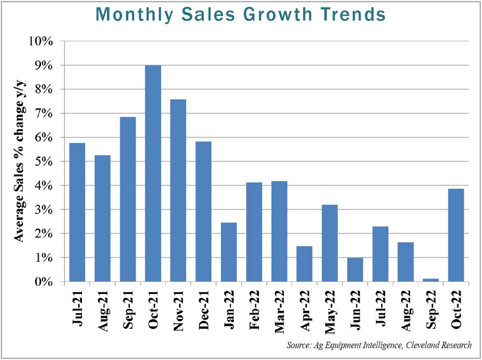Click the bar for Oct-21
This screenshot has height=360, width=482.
tap(153, 173)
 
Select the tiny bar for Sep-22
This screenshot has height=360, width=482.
tap(429, 280)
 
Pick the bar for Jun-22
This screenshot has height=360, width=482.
tap(355, 269)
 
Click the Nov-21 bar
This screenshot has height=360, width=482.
tap(178, 190)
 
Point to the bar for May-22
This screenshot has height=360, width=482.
tap(330, 243)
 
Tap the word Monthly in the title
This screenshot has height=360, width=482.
tap(129, 14)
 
